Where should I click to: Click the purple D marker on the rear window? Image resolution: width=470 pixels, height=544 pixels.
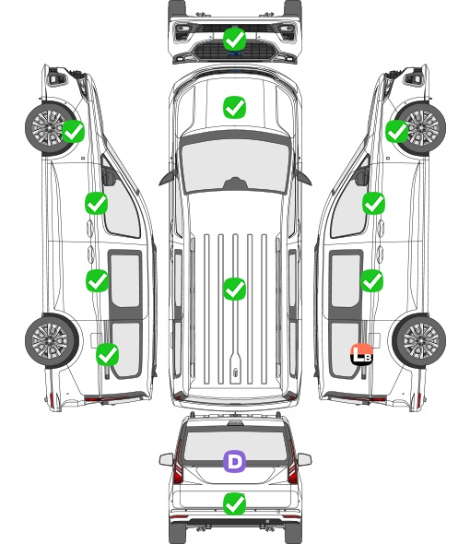pyautogui.click(x=234, y=461)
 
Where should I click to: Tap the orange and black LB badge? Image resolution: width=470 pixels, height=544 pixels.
pyautogui.click(x=362, y=354)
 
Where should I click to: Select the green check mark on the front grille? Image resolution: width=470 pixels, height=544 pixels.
pyautogui.click(x=234, y=40)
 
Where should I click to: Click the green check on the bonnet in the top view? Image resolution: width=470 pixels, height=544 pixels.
pyautogui.click(x=234, y=107)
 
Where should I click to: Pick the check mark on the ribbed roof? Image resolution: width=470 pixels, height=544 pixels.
pyautogui.click(x=234, y=289)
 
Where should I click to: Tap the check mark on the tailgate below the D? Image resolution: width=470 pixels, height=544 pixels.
pyautogui.click(x=234, y=504)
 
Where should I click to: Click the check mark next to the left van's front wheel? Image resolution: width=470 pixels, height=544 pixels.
pyautogui.click(x=73, y=131)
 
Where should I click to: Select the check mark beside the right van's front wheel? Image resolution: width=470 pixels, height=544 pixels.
pyautogui.click(x=397, y=131)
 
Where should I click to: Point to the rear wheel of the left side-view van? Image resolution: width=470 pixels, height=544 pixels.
pyautogui.click(x=52, y=341)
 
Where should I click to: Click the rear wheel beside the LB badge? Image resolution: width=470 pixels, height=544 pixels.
pyautogui.click(x=419, y=341)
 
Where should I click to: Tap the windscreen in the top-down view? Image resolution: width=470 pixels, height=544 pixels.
pyautogui.click(x=235, y=166)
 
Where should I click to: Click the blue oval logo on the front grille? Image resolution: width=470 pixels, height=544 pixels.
pyautogui.click(x=235, y=53)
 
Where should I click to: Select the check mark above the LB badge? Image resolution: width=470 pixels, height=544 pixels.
pyautogui.click(x=371, y=280)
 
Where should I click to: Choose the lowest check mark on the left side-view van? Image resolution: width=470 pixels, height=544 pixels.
pyautogui.click(x=108, y=354)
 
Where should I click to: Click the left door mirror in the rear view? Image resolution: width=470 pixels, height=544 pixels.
pyautogui.click(x=167, y=460)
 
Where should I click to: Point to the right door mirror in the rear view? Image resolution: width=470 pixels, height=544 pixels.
pyautogui.click(x=304, y=460)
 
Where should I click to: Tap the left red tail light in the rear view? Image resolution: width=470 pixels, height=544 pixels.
pyautogui.click(x=178, y=463)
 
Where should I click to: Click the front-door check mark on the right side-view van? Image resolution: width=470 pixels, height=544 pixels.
pyautogui.click(x=373, y=203)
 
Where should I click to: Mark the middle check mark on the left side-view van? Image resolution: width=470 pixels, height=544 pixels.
pyautogui.click(x=97, y=280)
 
